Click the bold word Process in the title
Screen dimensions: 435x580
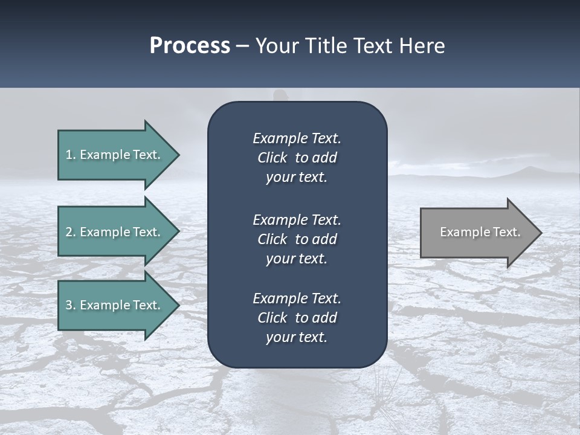coord(190,46)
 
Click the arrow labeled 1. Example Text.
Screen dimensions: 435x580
coord(115,155)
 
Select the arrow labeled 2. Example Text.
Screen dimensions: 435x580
coord(115,232)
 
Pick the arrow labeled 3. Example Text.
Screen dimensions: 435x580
coord(115,305)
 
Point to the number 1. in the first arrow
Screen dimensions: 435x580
coord(71,155)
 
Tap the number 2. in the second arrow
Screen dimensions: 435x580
coord(71,232)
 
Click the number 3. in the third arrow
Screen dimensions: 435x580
coord(71,305)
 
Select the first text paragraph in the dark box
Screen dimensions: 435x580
coord(297,158)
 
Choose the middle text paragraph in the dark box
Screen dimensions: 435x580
coord(297,239)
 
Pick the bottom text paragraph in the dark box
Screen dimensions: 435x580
coord(297,318)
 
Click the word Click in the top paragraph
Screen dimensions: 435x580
coord(272,158)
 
